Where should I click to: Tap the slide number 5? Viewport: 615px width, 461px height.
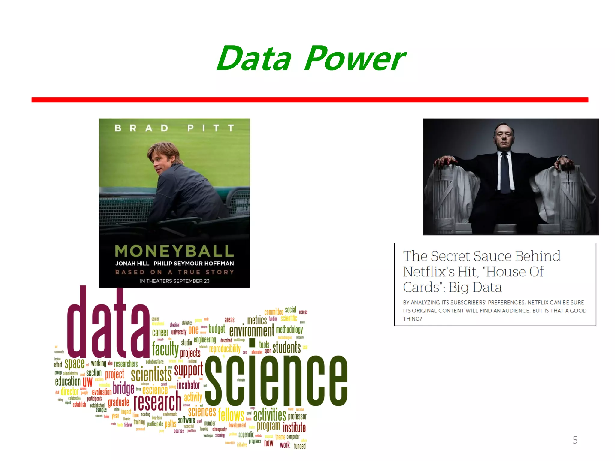coord(575,440)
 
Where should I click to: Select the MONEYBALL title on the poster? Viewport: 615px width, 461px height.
coord(174,251)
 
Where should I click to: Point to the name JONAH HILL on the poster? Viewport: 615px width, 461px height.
coord(132,264)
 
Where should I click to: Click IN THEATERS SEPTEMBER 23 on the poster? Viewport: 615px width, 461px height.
coord(174,281)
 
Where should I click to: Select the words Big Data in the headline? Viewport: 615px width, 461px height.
coord(475,288)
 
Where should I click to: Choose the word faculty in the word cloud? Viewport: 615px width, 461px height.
coord(165,348)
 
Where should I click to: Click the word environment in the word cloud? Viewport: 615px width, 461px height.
coord(252,331)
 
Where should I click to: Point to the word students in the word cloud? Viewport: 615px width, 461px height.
coord(286,348)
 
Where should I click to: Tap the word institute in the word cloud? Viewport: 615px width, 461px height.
coord(294,427)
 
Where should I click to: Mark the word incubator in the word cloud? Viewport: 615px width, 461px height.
coord(188,385)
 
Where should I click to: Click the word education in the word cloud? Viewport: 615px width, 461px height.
coord(68,381)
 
